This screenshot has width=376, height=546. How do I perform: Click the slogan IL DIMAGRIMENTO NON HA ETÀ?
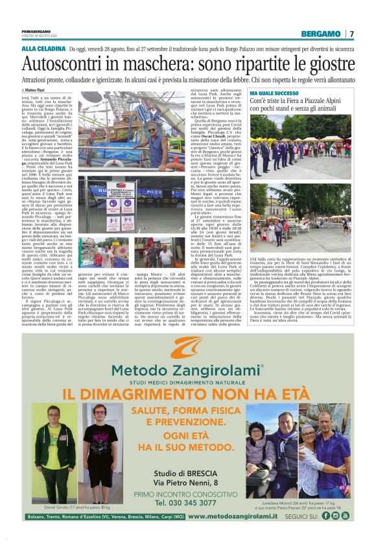pyautogui.click(x=187, y=394)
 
